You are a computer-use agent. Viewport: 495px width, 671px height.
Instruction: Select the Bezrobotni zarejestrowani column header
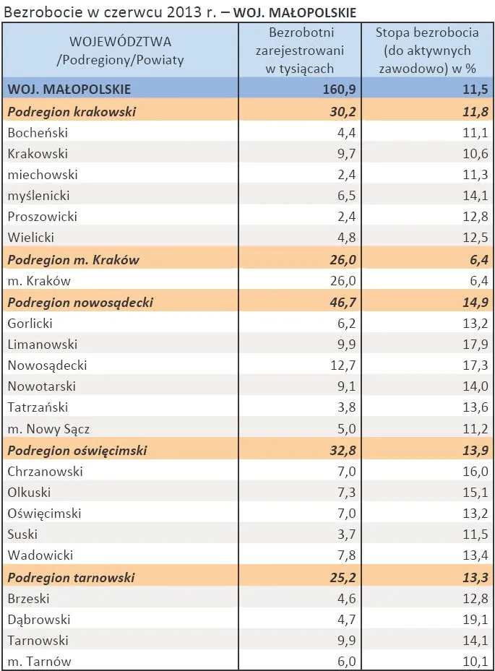[300, 51]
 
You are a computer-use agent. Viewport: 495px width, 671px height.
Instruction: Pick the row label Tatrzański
[36, 407]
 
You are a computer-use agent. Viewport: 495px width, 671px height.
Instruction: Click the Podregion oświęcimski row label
[77, 450]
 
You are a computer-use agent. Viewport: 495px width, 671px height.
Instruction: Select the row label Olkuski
[28, 493]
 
